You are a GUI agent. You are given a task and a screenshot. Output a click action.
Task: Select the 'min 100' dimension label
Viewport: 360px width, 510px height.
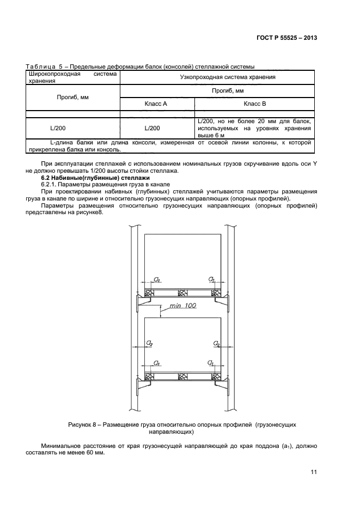pos(182,306)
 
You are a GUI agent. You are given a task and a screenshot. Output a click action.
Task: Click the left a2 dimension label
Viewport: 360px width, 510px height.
pos(149,343)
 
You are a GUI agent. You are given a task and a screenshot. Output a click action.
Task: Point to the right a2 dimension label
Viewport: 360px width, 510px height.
pos(216,343)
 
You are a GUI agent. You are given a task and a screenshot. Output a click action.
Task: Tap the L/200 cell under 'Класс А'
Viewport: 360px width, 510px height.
pos(153,128)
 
